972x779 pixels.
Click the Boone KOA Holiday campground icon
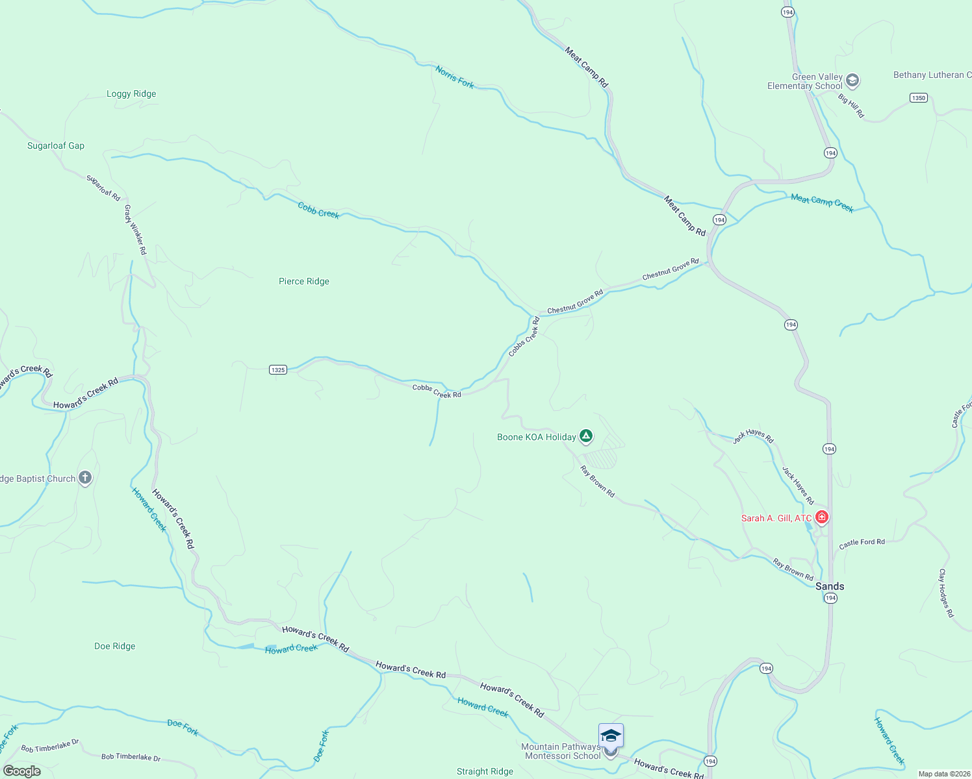pos(586,436)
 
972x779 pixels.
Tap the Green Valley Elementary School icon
pos(852,81)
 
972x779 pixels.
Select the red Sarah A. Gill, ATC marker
pos(822,517)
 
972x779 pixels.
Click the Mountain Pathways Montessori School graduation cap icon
pos(611,736)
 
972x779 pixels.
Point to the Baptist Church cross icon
pos(85,478)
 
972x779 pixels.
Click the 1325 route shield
pos(278,369)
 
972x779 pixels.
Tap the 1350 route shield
pos(918,98)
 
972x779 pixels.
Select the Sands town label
pos(830,586)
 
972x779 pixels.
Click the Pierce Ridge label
pos(304,281)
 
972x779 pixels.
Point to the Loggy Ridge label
pos(131,93)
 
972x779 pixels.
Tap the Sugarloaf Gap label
pos(56,145)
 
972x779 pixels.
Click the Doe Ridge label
pos(115,646)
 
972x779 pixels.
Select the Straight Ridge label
pos(485,771)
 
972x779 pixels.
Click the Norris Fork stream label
pos(455,77)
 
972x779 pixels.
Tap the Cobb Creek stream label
pos(318,210)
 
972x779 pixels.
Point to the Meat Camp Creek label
pos(822,203)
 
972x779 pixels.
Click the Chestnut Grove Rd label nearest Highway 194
pos(671,269)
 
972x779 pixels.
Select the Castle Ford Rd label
pos(862,543)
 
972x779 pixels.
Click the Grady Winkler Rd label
pos(135,230)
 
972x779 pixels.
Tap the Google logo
pos(22,771)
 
